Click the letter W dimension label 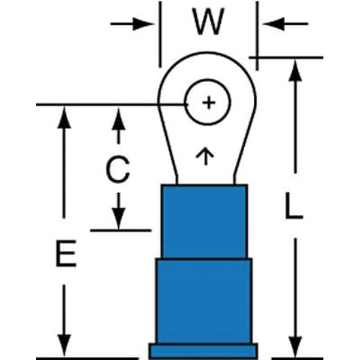[x=208, y=23]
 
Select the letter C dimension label [x=118, y=170]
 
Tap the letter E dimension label [x=65, y=254]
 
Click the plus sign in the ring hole [x=208, y=103]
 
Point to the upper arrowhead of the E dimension [x=65, y=116]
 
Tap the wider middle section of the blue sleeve [x=204, y=300]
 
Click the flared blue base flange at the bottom [x=203, y=351]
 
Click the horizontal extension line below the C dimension [x=120, y=230]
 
